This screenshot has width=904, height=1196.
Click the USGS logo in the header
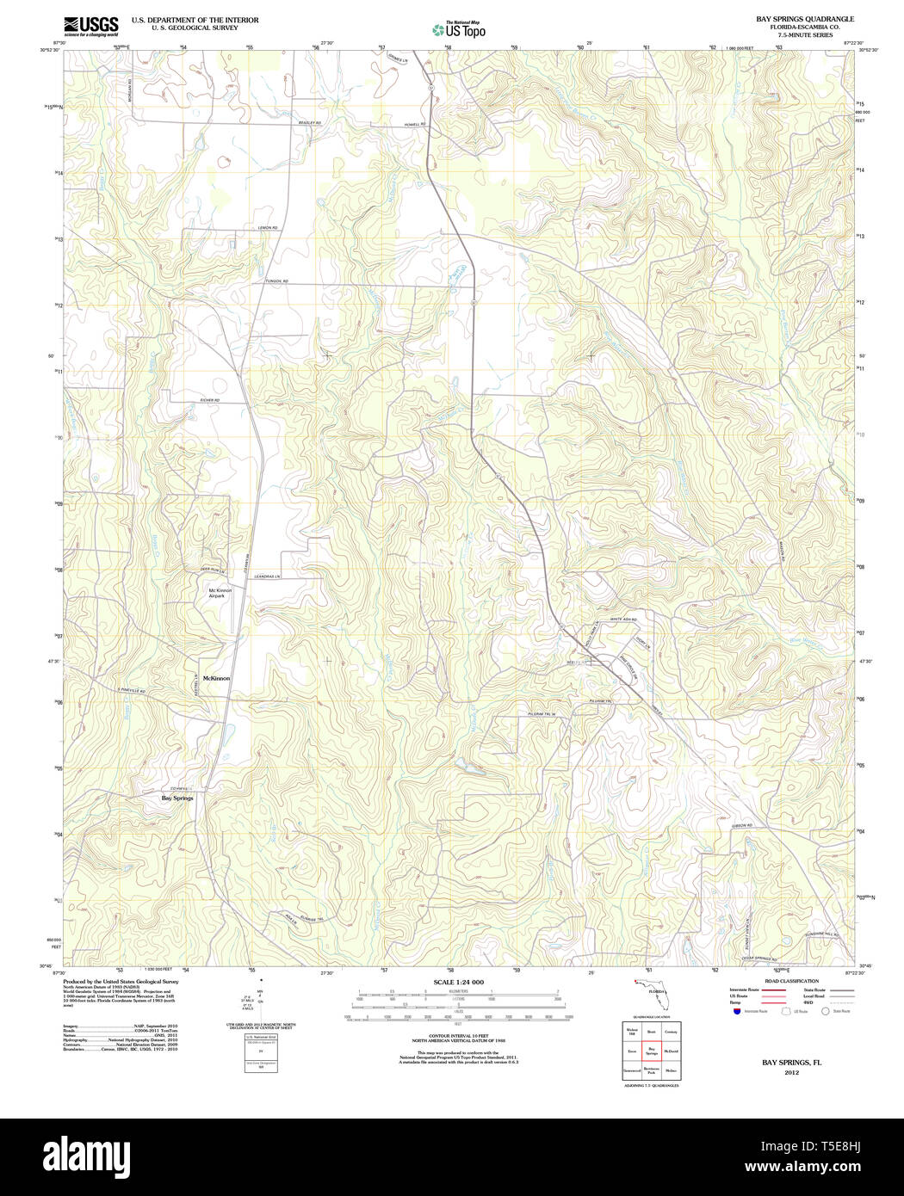click(90, 26)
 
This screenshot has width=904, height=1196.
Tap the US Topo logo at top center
click(459, 30)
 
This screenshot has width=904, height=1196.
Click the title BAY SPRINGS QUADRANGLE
click(804, 18)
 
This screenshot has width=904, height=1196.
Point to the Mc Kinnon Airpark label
click(220, 593)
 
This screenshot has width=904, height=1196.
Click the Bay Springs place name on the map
click(177, 798)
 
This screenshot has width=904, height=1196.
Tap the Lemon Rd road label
click(267, 228)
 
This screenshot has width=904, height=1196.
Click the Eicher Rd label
click(210, 401)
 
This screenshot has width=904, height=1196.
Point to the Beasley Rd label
click(309, 123)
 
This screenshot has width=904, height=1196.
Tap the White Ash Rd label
click(622, 620)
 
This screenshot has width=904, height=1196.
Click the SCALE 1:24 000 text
click(458, 982)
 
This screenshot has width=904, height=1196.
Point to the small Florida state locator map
click(652, 990)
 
